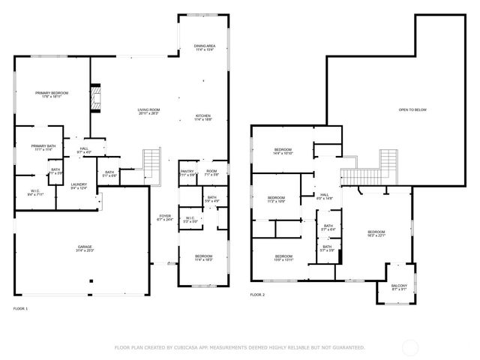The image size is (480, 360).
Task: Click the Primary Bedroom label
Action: click(52, 94)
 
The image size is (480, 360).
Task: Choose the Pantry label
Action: click(187, 173)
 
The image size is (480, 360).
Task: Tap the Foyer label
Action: click(164, 217)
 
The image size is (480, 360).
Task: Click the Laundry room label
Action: click(79, 186)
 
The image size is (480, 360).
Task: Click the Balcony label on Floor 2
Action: click(399, 287)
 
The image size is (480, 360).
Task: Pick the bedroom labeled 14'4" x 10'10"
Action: click(283, 151)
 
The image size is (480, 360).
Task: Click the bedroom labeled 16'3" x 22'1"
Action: click(376, 234)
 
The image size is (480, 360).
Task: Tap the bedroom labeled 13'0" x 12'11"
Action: click(283, 259)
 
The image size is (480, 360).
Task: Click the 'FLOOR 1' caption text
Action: click(20, 309)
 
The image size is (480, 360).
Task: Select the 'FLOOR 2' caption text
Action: click(257, 295)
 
